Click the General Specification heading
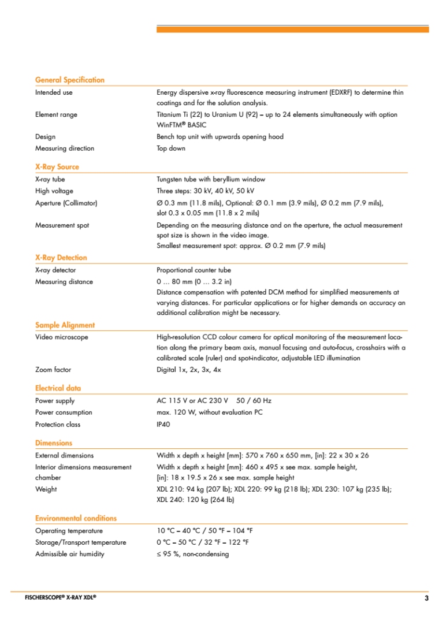pos(70,80)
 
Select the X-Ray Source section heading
pos(57,167)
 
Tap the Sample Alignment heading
pos(65,325)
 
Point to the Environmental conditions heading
pos(76,518)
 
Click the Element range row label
pos(56,115)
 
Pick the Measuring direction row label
pos(65,148)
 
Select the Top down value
pos(171,148)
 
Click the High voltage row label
pos(54,191)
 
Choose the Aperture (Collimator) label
pos(66,203)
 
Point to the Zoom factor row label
pos(53,370)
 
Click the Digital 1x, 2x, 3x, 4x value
pos(189,370)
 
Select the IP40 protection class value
pos(163,425)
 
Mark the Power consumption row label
pos(64,412)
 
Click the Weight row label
pos(46,489)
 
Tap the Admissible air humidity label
pos(70,554)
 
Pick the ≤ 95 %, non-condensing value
pos(192,554)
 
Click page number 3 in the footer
pos(426,598)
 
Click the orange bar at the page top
pos(292,29)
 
